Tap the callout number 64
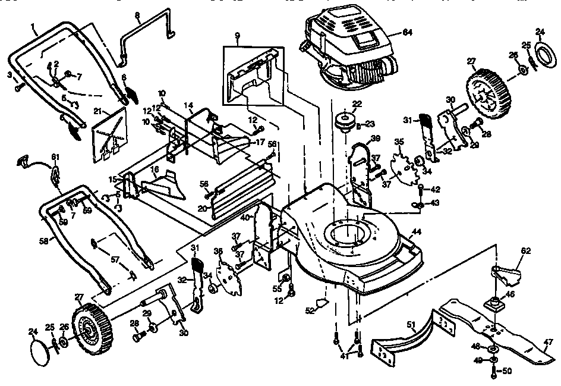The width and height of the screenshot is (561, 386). tap(407, 31)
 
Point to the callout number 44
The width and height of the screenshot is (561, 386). tap(416, 231)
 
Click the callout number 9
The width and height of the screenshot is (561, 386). tap(237, 36)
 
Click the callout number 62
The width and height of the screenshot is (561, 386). tap(525, 252)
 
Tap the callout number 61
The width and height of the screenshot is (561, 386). tap(55, 156)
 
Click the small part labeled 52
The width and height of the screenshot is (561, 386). tap(323, 302)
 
